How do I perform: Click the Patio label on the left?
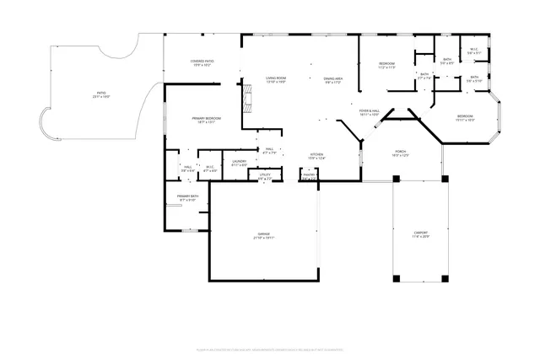100,95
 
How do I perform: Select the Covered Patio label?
201,63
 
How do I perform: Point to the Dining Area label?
332,81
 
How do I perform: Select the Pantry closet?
309,176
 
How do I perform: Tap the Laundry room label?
240,163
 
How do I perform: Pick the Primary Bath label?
187,198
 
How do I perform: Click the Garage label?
264,236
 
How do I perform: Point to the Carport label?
420,234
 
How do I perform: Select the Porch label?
401,153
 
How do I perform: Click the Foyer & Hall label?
369,112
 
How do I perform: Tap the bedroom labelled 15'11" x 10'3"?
466,118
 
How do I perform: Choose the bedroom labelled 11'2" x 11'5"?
387,65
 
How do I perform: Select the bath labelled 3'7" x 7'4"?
424,76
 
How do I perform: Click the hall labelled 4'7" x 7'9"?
269,151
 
